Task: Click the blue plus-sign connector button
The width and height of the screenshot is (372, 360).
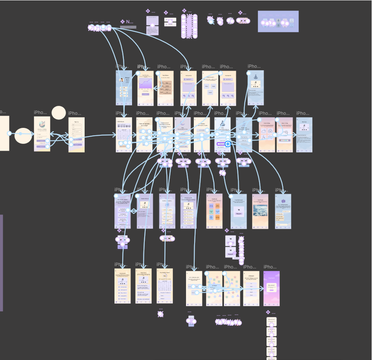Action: [x=228, y=144]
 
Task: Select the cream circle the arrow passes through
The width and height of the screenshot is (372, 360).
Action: [x=23, y=135]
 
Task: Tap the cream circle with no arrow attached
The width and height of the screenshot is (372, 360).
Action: [x=59, y=113]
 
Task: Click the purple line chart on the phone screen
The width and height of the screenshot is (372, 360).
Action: [x=145, y=84]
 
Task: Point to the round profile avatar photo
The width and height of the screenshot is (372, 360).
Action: [x=121, y=80]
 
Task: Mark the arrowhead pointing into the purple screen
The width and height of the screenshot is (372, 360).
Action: [x=263, y=289]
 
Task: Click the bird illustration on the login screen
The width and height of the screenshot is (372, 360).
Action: [x=42, y=124]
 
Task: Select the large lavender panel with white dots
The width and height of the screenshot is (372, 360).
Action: [x=278, y=21]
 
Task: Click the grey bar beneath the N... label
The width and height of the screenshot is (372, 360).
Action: [x=128, y=27]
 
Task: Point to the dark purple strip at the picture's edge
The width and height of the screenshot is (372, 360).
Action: [x=1, y=263]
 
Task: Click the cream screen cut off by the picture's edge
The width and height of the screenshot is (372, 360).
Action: [x=4, y=133]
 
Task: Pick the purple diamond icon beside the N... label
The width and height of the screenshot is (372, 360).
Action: [x=122, y=22]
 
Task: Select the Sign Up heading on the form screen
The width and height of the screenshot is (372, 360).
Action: [x=76, y=122]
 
